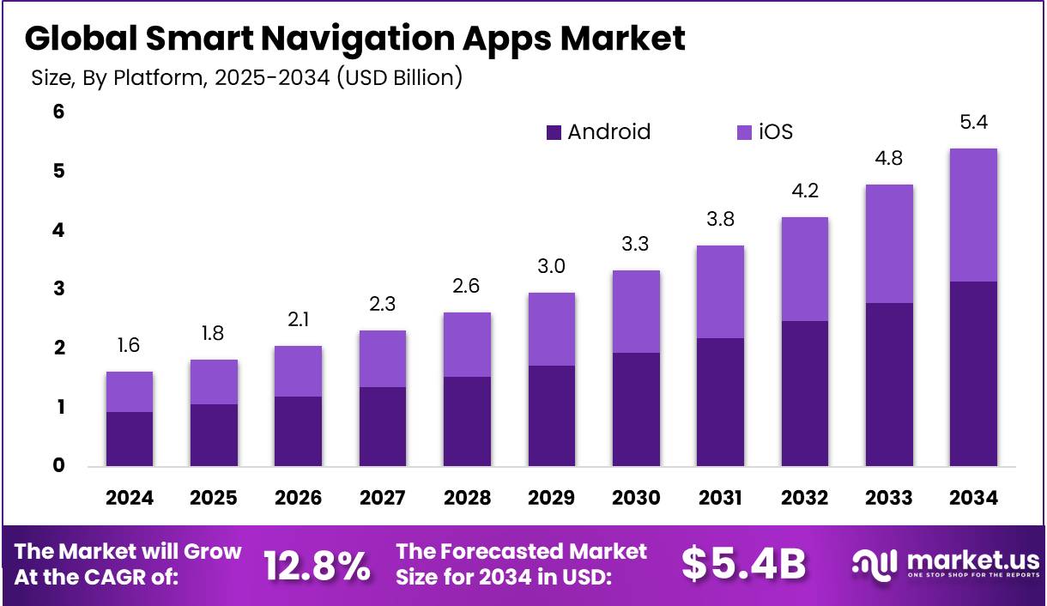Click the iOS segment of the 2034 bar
pos(973,215)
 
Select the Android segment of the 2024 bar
pos(129,439)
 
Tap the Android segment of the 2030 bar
pos(636,409)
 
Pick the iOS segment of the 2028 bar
pos(467,344)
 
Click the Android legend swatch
pos(554,132)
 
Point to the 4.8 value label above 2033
pos(889,159)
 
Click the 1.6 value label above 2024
pos(129,346)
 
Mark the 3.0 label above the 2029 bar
pos(551,267)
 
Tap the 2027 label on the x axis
pos(382,498)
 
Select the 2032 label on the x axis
pos(805,498)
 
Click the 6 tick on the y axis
pos(59,112)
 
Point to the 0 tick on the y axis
pos(59,466)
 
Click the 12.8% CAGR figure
pos(318,565)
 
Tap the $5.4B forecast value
pos(744,564)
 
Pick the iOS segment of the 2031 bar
pos(720,292)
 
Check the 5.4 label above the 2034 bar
pos(973,123)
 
